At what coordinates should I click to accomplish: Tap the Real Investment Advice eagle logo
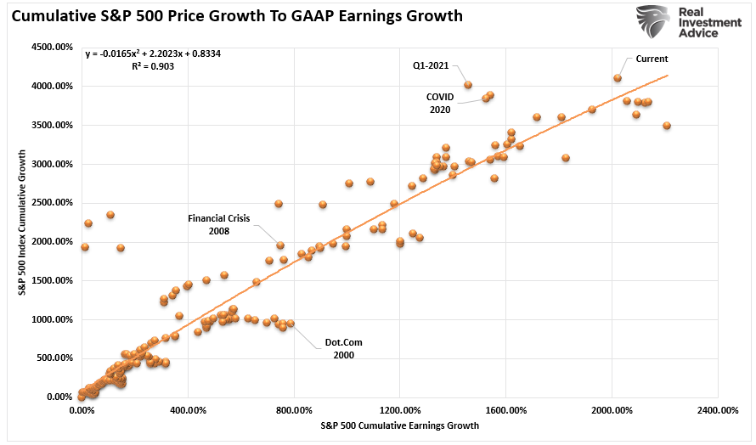[x=652, y=22]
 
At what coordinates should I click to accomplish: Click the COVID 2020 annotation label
[x=440, y=103]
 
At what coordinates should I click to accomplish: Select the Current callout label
[x=652, y=59]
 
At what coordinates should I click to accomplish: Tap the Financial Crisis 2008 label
[x=220, y=224]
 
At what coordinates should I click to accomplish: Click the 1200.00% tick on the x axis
[x=400, y=410]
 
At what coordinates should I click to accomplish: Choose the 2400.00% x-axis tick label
[x=718, y=410]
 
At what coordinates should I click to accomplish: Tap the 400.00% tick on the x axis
[x=188, y=410]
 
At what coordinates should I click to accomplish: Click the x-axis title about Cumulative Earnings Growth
[x=400, y=425]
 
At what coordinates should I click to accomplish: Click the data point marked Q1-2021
[x=468, y=85]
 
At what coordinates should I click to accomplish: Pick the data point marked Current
[x=618, y=78]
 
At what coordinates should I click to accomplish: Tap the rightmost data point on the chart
[x=667, y=126]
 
